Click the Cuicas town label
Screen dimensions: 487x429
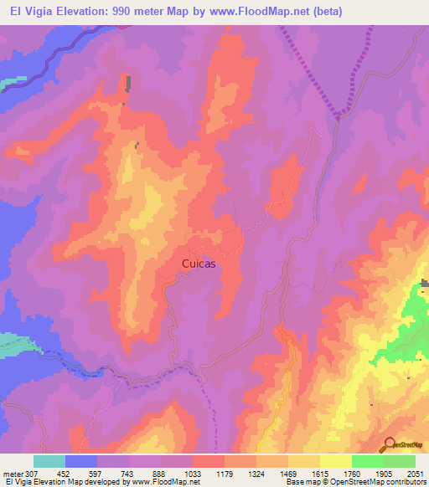point(199,263)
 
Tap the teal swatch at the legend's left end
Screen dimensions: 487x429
point(49,462)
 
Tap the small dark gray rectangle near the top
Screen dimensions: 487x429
point(129,84)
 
